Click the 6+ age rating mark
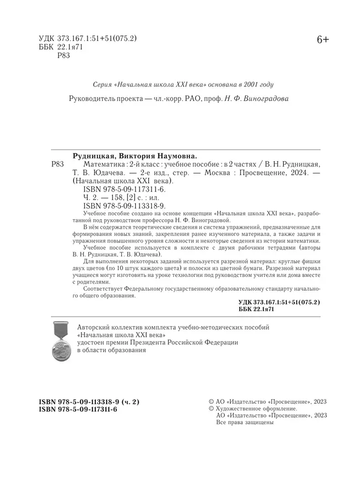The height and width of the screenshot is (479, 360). coord(322,40)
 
